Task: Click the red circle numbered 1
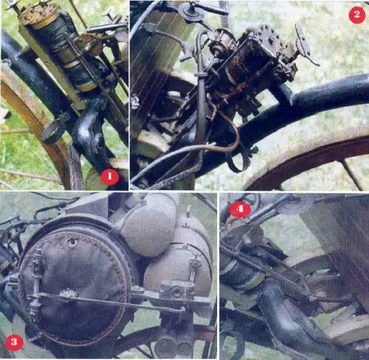click(110, 177)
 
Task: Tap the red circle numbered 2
click(357, 15)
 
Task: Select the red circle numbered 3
click(14, 343)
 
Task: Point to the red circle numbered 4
click(240, 209)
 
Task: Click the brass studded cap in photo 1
click(39, 15)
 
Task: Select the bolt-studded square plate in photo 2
click(268, 40)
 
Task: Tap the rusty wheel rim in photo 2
click(306, 153)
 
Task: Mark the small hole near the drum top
click(73, 242)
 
